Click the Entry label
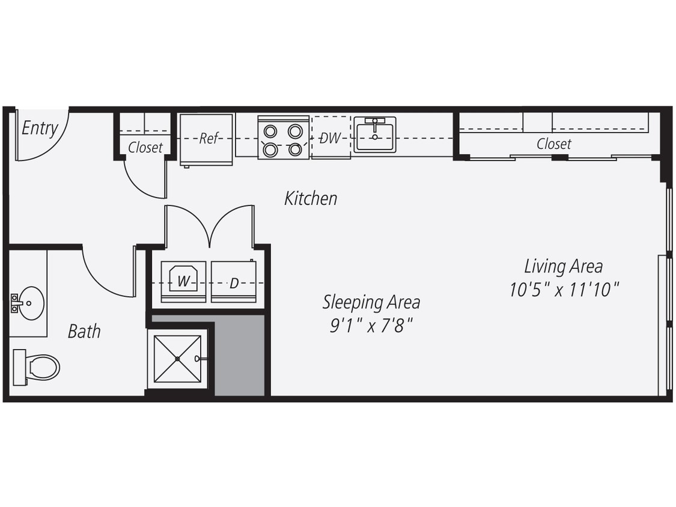pyautogui.click(x=40, y=128)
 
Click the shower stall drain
pyautogui.click(x=178, y=359)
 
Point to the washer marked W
pyautogui.click(x=183, y=280)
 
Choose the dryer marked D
pyautogui.click(x=234, y=282)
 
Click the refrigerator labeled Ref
pyautogui.click(x=207, y=139)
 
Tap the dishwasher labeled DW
pyautogui.click(x=330, y=138)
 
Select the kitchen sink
pyautogui.click(x=374, y=136)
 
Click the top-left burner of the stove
pyautogui.click(x=271, y=130)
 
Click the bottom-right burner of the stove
pyautogui.click(x=295, y=150)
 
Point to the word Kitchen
pyautogui.click(x=311, y=198)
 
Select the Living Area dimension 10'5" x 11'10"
pyautogui.click(x=564, y=290)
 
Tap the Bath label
pyautogui.click(x=84, y=331)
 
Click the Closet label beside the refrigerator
pyautogui.click(x=145, y=147)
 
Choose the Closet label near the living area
pyautogui.click(x=553, y=144)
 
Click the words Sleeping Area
pyautogui.click(x=371, y=302)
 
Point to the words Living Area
pyautogui.click(x=563, y=266)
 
